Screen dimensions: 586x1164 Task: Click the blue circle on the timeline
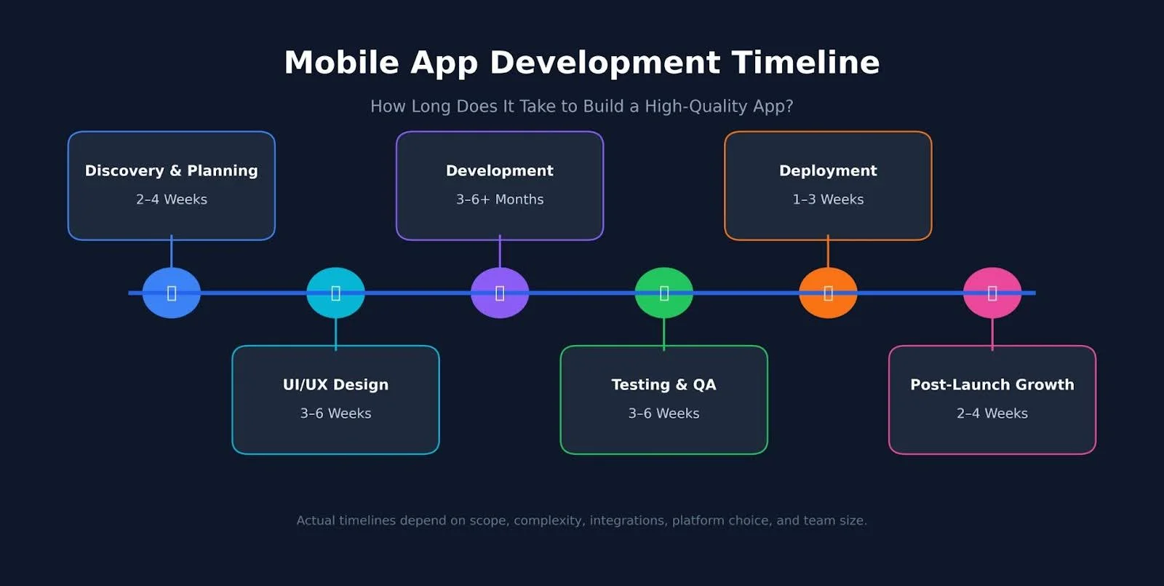tap(172, 293)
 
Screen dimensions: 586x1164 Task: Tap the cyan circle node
tap(335, 293)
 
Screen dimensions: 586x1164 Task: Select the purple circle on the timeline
tap(500, 293)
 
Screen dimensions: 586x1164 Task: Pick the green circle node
tap(663, 293)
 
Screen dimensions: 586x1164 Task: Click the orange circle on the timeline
tap(828, 293)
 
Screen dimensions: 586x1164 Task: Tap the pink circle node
tap(992, 293)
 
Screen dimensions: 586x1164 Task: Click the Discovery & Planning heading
tap(172, 171)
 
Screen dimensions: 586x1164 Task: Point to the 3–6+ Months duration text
tap(500, 199)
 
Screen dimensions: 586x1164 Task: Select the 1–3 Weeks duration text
tap(828, 199)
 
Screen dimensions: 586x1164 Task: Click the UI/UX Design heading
tap(335, 384)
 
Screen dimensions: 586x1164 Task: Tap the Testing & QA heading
tap(663, 384)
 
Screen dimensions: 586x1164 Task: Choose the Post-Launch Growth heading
tap(992, 384)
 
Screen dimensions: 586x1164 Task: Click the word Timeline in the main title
tap(805, 63)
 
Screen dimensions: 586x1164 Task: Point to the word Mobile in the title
tap(341, 63)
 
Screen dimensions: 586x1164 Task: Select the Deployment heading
tap(828, 171)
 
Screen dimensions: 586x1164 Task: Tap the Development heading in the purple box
tap(500, 171)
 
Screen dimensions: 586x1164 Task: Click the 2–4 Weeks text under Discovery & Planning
tap(172, 199)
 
